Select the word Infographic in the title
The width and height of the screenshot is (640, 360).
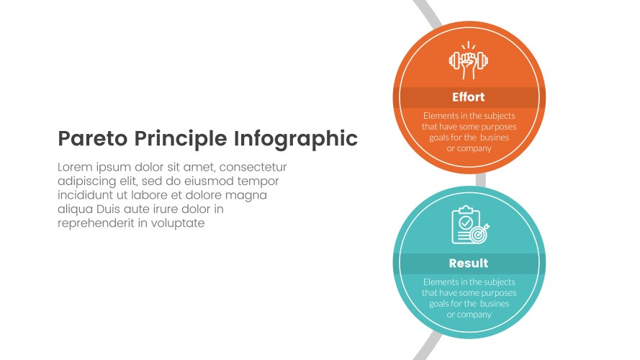[296, 139]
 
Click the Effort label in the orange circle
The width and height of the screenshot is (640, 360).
[469, 97]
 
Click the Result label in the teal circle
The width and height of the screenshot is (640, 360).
[469, 263]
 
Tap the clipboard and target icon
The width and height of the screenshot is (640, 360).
[469, 226]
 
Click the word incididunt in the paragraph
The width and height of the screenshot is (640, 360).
[87, 195]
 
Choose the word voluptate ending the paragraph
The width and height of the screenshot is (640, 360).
[179, 223]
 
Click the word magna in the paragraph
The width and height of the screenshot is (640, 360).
[248, 195]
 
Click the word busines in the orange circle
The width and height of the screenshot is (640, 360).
[495, 138]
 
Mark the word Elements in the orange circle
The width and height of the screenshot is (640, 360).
[440, 116]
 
